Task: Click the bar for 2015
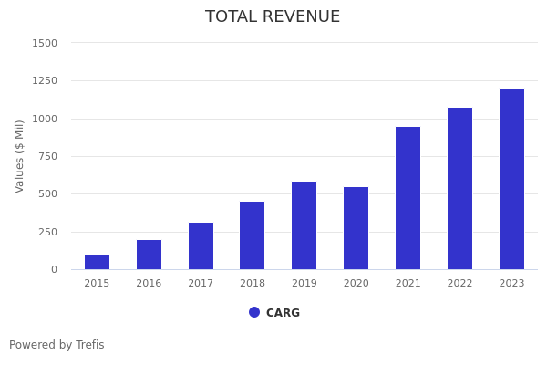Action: click(97, 263)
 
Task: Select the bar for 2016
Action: click(149, 255)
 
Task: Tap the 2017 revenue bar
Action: click(201, 246)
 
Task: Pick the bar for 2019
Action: click(304, 225)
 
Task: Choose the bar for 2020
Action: click(356, 228)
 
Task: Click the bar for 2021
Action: click(408, 198)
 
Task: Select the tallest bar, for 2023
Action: click(511, 179)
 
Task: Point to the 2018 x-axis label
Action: click(253, 284)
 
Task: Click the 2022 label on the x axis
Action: click(459, 284)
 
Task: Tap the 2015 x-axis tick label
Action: click(97, 284)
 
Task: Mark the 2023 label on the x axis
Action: click(511, 284)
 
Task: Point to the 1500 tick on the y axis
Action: click(45, 43)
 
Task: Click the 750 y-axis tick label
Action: click(47, 156)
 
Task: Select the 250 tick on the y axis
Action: click(47, 232)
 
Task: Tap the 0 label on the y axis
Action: click(54, 269)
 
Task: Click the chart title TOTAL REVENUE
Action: click(273, 17)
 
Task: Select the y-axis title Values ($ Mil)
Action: click(20, 156)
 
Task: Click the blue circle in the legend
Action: click(254, 312)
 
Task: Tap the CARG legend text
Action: click(283, 313)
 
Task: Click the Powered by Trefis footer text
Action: click(57, 345)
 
